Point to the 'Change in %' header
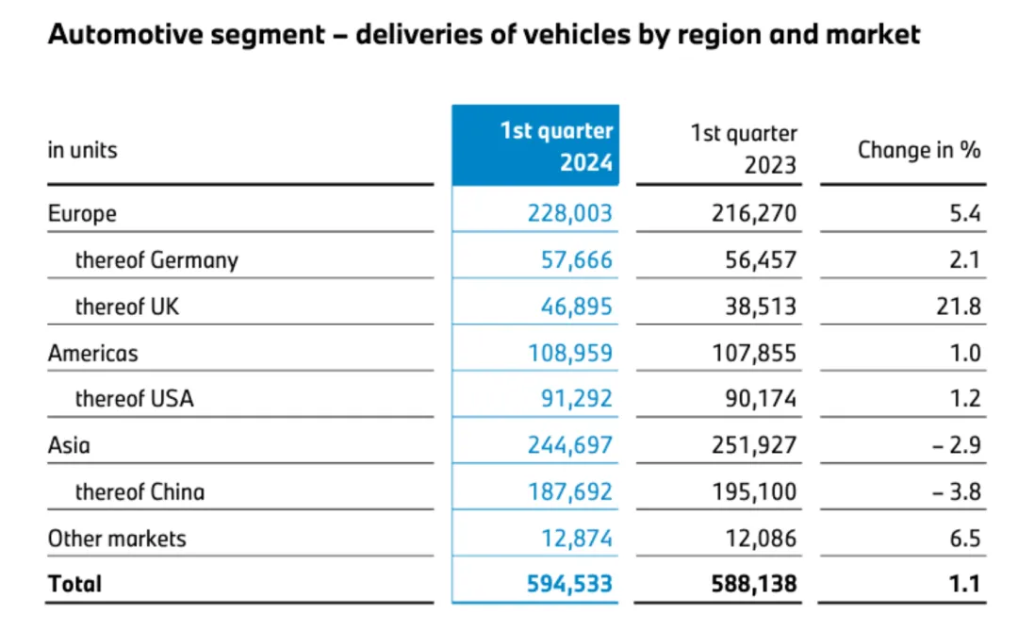tap(919, 150)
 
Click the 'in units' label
tap(83, 150)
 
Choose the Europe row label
tap(83, 213)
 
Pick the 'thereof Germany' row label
tap(156, 259)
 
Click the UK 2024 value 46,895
tap(569, 307)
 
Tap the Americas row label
tap(92, 353)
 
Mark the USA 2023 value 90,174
tap(753, 399)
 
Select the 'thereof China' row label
tap(140, 491)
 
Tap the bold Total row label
tap(74, 585)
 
